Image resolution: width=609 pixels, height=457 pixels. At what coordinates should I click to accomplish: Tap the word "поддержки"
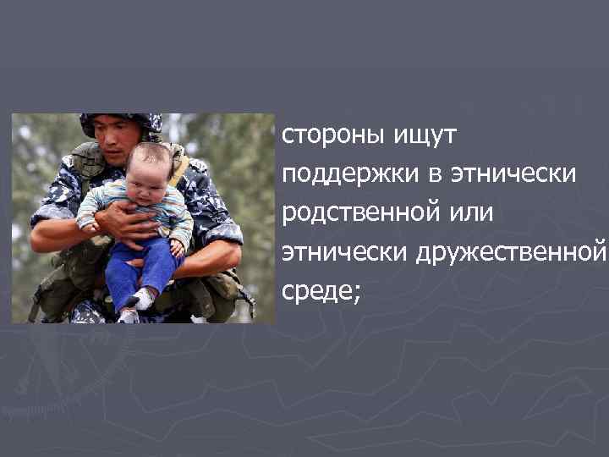click(345, 174)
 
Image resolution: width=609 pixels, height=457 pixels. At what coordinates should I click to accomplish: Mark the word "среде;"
click(321, 292)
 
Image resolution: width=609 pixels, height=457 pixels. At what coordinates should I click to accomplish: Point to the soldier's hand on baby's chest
click(127, 222)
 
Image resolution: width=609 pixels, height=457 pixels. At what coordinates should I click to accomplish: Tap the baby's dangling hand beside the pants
click(178, 246)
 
